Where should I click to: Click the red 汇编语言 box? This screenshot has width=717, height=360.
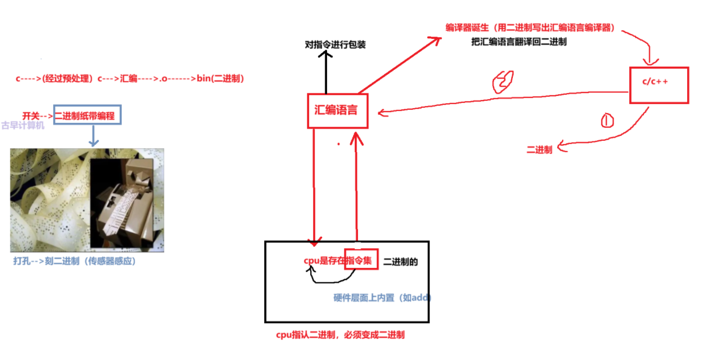coord(337,110)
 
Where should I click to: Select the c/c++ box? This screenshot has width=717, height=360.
coord(658,85)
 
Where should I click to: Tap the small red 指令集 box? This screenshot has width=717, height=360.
coord(358,261)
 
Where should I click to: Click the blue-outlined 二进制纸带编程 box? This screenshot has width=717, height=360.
coord(87,115)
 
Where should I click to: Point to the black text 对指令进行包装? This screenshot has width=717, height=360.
coord(335,44)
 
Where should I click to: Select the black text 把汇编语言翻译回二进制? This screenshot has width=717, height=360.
coord(519,42)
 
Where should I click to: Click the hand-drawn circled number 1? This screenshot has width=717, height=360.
coord(607,120)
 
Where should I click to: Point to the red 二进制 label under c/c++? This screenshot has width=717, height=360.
coord(539,150)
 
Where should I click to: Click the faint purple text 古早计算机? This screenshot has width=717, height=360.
coord(23,126)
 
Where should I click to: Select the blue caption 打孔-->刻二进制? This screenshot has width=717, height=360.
coord(74,261)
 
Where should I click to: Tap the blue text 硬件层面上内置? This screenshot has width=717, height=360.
coord(382,298)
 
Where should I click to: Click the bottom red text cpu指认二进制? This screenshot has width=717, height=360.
coord(340,335)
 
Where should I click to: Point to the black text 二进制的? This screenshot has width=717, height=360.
coord(400,262)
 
